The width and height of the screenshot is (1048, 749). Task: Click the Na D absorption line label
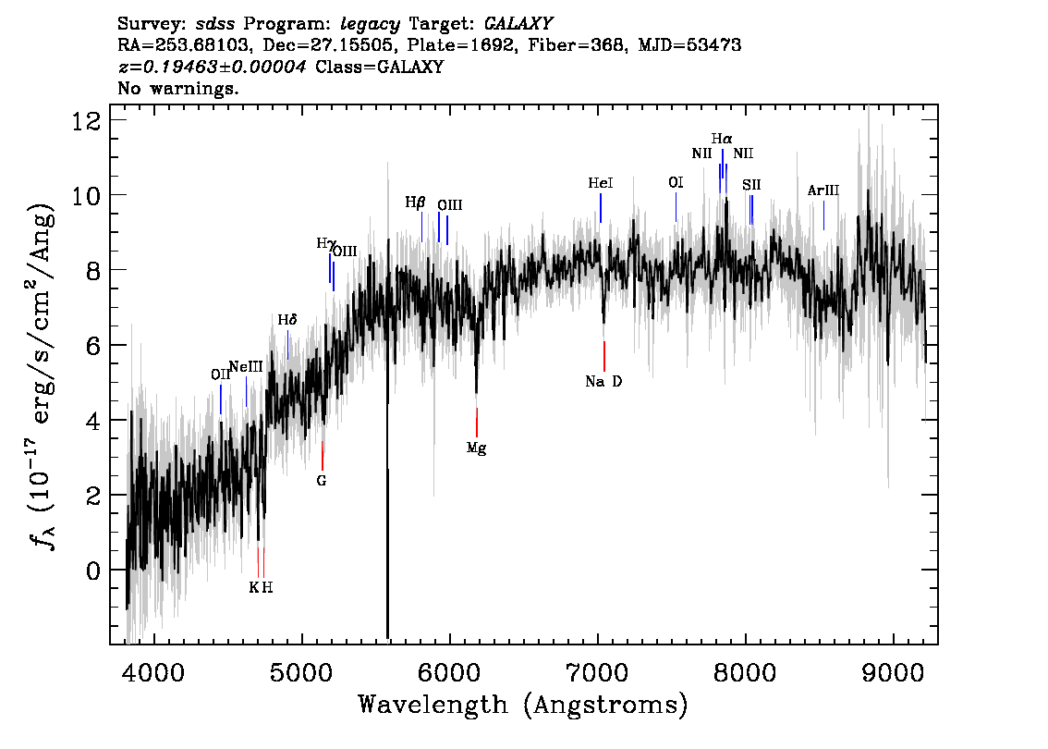pos(603,381)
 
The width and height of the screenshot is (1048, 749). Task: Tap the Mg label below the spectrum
pos(477,448)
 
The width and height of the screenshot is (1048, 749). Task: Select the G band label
pos(322,480)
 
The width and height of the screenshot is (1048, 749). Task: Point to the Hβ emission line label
pos(415,203)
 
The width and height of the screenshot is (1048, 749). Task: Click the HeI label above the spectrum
pos(600,182)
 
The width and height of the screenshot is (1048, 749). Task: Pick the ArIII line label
pos(823,190)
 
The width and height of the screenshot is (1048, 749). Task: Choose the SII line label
pos(751,185)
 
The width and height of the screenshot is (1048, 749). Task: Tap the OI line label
pos(676,182)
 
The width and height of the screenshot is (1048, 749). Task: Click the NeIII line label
pos(246,366)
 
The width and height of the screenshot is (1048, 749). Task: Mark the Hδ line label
pos(287,320)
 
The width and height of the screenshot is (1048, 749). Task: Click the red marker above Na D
pos(604,356)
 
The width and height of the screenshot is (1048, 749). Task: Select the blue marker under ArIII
pos(823,215)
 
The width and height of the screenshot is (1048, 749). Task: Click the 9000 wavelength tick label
pos(892,673)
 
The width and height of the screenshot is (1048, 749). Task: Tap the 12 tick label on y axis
pos(87,121)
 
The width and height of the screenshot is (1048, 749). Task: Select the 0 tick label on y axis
pos(93,571)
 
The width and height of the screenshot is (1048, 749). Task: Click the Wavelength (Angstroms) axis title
pos(523,705)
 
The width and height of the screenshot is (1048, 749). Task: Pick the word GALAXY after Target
pos(518,24)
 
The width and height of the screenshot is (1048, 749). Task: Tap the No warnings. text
pos(177,88)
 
